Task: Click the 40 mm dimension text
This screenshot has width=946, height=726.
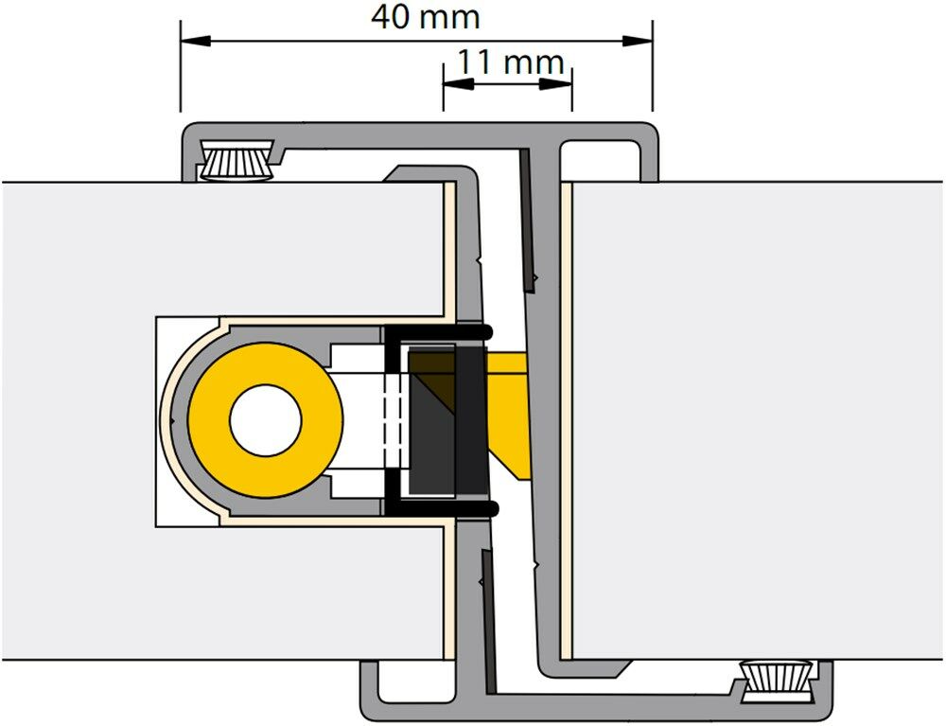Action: tap(425, 16)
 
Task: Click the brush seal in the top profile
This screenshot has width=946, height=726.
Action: tap(236, 162)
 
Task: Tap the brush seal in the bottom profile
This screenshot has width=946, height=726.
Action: tap(777, 679)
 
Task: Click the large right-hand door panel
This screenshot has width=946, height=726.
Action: tap(757, 416)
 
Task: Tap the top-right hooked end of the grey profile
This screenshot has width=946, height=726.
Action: tap(651, 151)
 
